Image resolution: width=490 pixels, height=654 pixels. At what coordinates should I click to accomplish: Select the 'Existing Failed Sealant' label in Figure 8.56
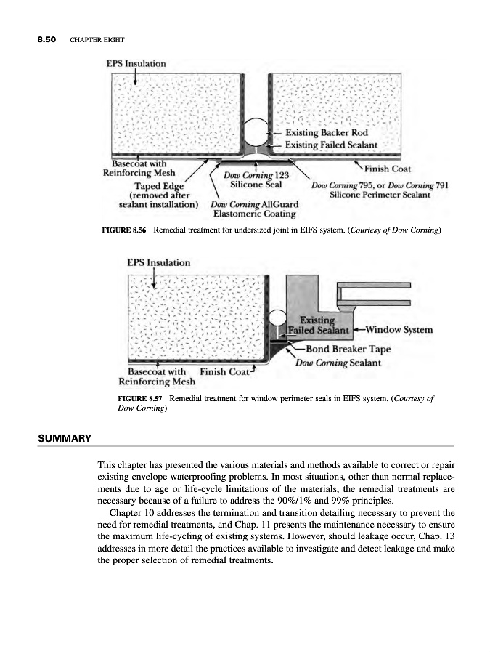tap(332, 145)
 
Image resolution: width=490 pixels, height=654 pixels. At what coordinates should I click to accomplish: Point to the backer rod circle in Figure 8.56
tap(257, 132)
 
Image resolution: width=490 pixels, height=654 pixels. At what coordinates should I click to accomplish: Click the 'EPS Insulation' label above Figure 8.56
tap(136, 63)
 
